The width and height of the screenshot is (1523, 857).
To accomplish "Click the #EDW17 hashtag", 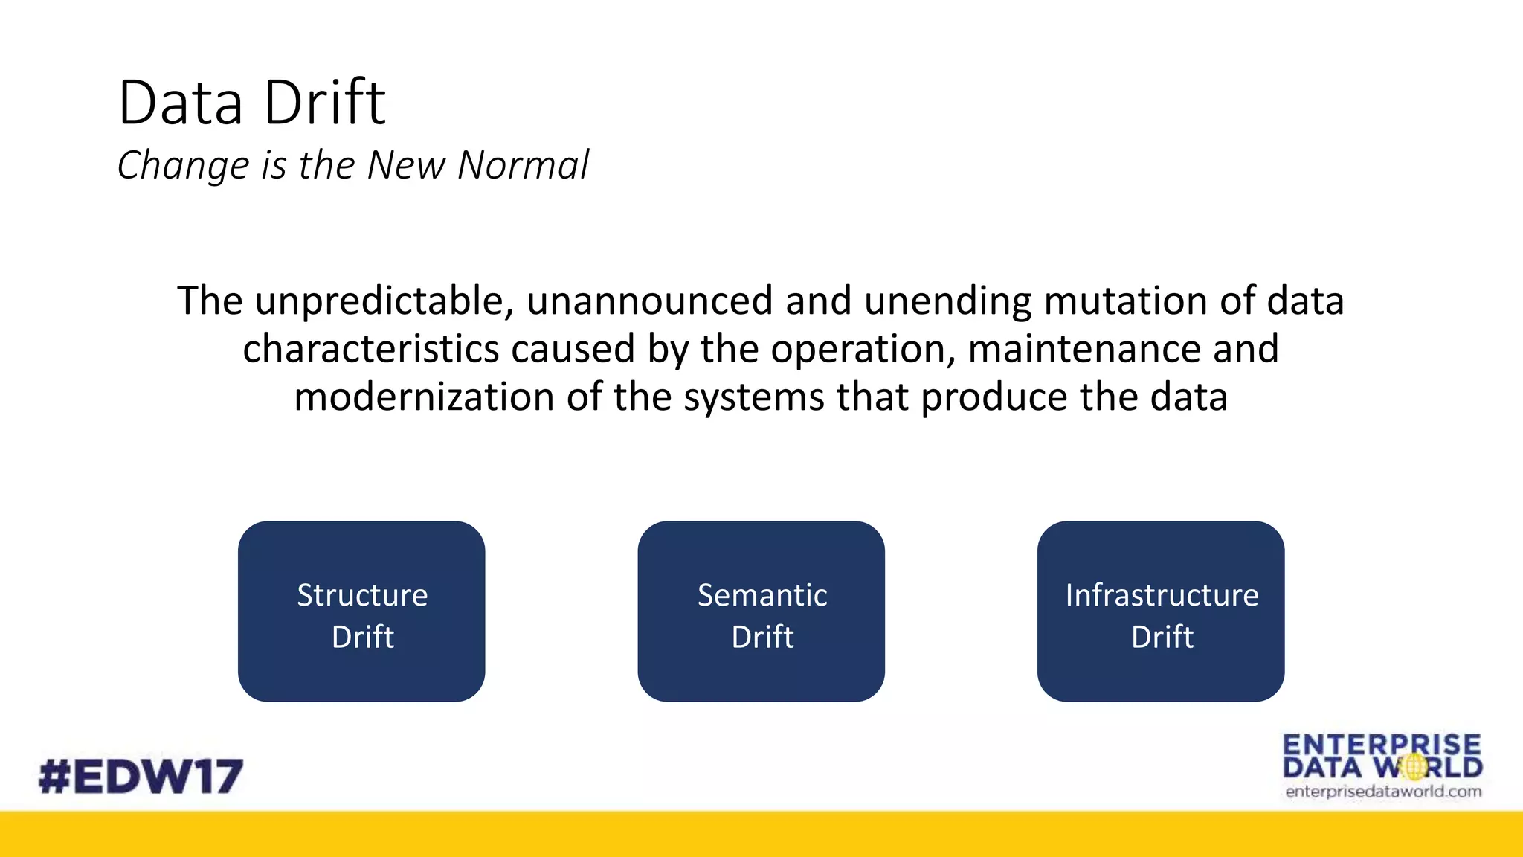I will pyautogui.click(x=141, y=776).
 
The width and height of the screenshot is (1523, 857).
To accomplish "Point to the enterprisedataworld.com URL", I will pyautogui.click(x=1383, y=792).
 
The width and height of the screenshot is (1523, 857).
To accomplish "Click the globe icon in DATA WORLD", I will pyautogui.click(x=1414, y=767).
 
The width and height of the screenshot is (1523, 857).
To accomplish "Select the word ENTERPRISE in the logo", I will pyautogui.click(x=1382, y=745).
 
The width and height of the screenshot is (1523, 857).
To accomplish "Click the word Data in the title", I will pyautogui.click(x=181, y=103).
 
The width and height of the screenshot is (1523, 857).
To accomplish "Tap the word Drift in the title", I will pyautogui.click(x=325, y=103).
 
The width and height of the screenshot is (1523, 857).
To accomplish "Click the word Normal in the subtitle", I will pyautogui.click(x=523, y=165).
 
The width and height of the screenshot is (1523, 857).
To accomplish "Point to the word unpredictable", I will pyautogui.click(x=384, y=301).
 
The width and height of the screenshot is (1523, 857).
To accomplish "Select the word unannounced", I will pyautogui.click(x=650, y=301).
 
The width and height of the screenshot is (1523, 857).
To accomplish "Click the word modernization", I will pyautogui.click(x=424, y=397).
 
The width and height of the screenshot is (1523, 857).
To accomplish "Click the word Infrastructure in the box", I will pyautogui.click(x=1162, y=595).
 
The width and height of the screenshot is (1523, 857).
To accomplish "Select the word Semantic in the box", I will pyautogui.click(x=762, y=595).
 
